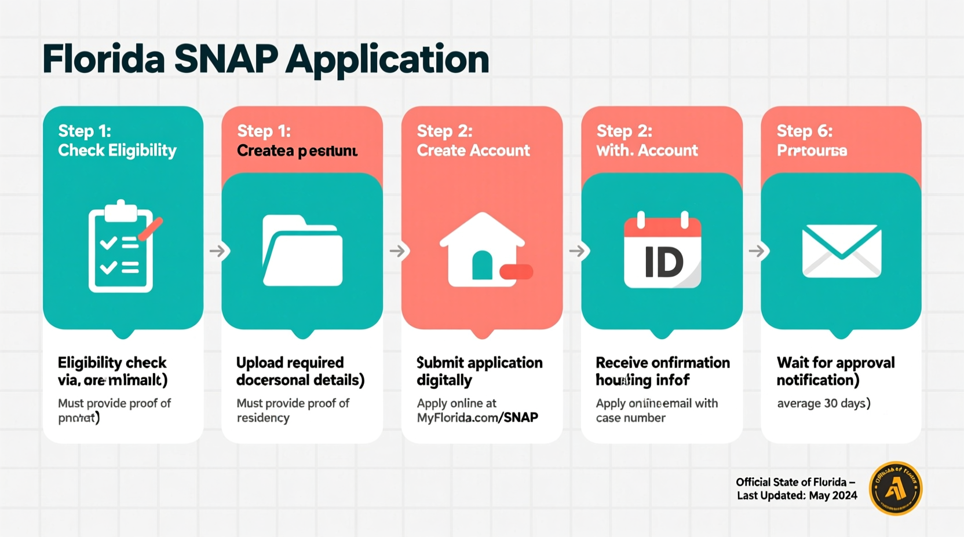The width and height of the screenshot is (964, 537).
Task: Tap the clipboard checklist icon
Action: click(121, 248)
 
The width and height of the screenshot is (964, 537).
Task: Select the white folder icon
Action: click(302, 251)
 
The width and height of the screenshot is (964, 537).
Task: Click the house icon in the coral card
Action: click(482, 250)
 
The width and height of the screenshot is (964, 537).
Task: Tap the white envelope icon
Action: click(841, 251)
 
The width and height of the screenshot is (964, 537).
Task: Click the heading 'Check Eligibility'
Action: click(117, 150)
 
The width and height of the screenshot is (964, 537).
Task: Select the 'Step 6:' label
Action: click(804, 131)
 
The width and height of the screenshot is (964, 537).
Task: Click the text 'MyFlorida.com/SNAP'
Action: click(477, 418)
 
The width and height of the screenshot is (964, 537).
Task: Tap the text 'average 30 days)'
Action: click(823, 403)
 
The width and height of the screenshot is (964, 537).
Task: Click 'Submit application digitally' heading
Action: click(479, 371)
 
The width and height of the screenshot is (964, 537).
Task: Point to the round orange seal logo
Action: click(895, 488)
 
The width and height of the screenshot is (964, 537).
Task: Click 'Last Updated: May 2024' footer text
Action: click(797, 496)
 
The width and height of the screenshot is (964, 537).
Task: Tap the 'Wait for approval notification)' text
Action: click(835, 371)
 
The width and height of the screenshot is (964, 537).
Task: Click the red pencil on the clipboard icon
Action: click(151, 229)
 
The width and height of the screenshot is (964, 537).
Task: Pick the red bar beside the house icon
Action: click(516, 271)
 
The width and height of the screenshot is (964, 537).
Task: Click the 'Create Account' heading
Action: click(473, 150)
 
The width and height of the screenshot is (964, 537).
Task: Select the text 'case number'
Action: click(630, 418)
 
